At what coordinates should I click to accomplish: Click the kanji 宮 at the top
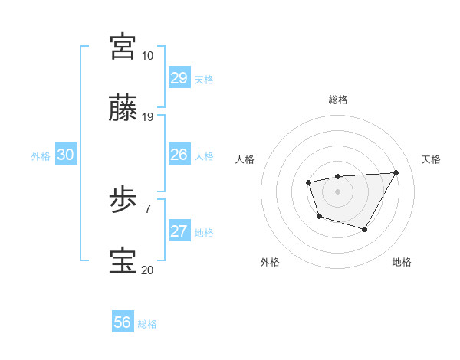(123, 46)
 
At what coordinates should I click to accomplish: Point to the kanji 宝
(123, 261)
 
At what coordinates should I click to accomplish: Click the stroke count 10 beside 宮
(147, 56)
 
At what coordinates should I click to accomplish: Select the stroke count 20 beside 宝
(147, 270)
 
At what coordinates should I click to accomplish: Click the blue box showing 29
(179, 78)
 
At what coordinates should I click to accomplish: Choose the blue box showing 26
(179, 155)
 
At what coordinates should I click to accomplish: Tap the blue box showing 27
(179, 231)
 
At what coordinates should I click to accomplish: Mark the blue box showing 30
(66, 155)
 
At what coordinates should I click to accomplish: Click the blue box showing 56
(123, 322)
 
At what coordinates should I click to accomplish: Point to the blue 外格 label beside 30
(41, 156)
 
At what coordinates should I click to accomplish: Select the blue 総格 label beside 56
(147, 324)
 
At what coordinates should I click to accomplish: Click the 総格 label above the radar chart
(337, 100)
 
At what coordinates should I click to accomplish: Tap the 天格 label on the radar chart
(431, 159)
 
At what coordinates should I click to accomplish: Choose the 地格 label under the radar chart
(402, 262)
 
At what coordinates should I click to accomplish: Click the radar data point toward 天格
(396, 172)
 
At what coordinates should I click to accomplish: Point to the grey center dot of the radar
(337, 191)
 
